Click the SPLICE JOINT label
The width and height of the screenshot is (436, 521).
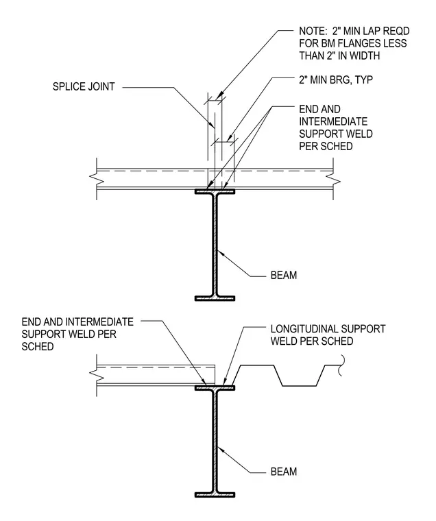84,87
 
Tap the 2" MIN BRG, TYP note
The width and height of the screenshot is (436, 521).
336,80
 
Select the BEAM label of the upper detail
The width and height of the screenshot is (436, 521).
284,275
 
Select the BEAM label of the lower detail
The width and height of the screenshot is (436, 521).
284,472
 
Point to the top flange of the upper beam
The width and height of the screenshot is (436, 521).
215,192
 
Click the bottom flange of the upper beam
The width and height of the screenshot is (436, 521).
215,298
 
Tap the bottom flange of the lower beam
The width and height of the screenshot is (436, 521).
215,495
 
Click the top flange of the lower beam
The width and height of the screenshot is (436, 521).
215,388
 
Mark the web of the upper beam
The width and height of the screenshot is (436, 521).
215,245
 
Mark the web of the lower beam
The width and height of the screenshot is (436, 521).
215,441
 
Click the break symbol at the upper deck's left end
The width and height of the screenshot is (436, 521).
97,179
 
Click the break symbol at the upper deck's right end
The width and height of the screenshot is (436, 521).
333,179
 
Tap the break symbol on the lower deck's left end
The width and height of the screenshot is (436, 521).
97,375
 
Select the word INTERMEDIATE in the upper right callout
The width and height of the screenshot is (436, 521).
333,121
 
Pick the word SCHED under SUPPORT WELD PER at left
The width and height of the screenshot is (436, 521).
38,347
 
